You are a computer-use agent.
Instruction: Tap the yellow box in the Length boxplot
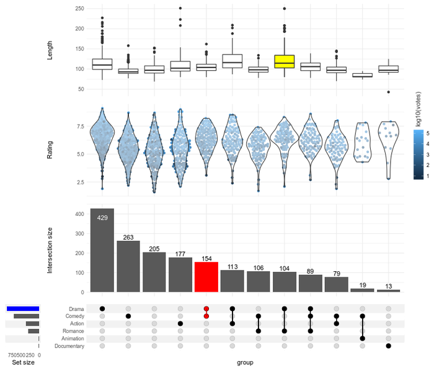(284, 61)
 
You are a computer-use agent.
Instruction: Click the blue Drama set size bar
(23, 308)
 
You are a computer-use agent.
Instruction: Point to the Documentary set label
(68, 346)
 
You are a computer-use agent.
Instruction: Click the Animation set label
(71, 339)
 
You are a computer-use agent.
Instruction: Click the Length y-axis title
(50, 50)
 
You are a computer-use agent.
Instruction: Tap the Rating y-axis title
(50, 150)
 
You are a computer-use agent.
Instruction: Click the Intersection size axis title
(50, 250)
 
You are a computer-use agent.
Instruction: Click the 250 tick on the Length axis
(79, 9)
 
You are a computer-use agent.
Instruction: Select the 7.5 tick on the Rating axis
(81, 127)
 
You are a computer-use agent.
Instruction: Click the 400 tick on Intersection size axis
(79, 214)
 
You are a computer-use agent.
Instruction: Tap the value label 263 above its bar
(128, 237)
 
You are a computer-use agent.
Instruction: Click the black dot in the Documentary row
(388, 346)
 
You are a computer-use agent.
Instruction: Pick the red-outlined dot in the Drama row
(206, 308)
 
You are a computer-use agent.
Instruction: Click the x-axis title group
(245, 362)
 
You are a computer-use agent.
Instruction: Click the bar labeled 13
(388, 290)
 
